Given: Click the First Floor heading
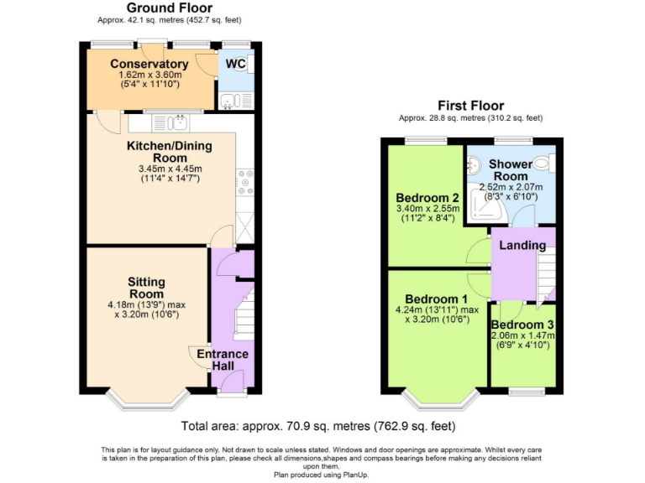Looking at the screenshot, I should click(470, 106).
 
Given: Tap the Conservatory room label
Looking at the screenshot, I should click(149, 65).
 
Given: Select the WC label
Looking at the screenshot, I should click(235, 64).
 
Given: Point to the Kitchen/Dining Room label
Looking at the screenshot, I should click(169, 152).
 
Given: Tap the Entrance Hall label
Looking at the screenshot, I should click(223, 360).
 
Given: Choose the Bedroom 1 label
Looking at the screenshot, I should click(436, 299).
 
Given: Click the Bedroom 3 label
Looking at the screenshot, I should click(522, 325).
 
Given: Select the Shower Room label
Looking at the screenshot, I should click(511, 170).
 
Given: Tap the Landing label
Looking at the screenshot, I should click(522, 246).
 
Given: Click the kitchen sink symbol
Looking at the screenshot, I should click(177, 123).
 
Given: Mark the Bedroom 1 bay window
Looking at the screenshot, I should click(438, 398).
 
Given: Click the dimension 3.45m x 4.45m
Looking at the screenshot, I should click(170, 169).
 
